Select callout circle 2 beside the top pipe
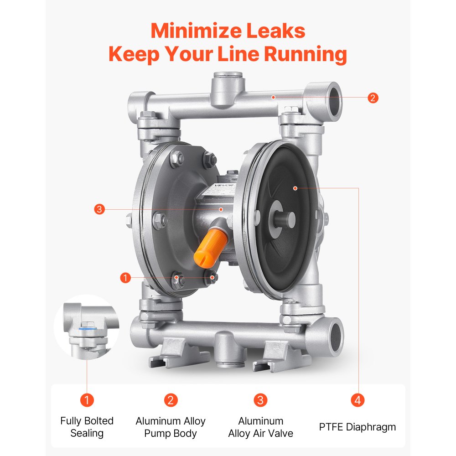pos(373,98)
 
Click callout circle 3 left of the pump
pos(100,210)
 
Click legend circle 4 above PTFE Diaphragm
pos(358,400)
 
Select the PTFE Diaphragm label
pos(358,427)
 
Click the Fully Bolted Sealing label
pos(87,427)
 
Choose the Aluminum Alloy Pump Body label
pos(171,427)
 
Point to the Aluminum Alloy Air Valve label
pos(261,427)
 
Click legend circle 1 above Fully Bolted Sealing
pos(87,400)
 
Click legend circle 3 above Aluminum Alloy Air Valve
pos(260,400)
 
